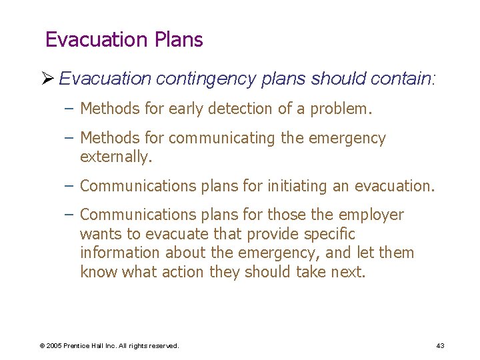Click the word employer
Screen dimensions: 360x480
371,215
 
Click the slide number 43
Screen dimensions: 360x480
440,345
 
